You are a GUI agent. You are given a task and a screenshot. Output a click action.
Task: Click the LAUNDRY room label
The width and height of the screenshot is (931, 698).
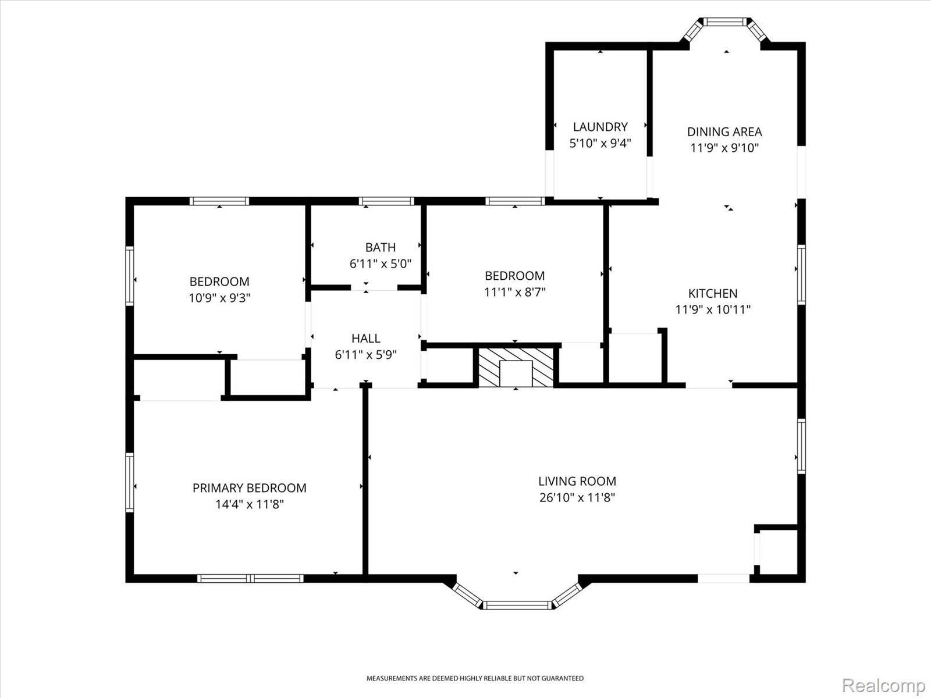(x=600, y=127)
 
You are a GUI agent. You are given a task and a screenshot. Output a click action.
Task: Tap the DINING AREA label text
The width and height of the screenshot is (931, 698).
(x=724, y=132)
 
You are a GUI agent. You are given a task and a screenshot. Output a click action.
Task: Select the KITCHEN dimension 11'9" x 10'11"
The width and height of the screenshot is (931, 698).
(x=713, y=309)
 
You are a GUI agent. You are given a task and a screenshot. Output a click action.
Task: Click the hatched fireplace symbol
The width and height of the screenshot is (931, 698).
(x=516, y=368)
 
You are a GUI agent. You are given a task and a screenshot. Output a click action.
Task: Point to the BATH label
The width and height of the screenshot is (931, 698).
(x=381, y=248)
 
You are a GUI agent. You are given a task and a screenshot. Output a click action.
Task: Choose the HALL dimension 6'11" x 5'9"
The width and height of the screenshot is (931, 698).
(x=365, y=355)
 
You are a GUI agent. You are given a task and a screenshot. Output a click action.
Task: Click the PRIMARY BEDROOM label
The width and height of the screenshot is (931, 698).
(x=249, y=488)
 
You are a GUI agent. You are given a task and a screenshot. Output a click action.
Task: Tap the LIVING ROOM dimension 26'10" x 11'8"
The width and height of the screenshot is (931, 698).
(x=577, y=497)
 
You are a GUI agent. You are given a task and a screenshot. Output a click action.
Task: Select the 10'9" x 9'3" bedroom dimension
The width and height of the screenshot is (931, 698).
(x=219, y=298)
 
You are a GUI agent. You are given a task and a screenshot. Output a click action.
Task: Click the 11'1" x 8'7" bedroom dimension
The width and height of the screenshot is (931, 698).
(x=515, y=292)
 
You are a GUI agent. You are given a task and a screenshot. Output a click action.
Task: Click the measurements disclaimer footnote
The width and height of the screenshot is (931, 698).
(x=475, y=678)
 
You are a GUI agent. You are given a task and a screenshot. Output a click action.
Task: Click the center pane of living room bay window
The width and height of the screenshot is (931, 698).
(x=517, y=606)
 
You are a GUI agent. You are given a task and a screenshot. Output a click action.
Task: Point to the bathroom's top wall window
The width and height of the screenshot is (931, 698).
(x=387, y=201)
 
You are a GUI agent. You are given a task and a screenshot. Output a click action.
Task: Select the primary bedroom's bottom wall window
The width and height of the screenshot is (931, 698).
(x=250, y=578)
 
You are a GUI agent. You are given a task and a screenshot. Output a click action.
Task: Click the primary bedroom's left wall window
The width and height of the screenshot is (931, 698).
(x=130, y=483)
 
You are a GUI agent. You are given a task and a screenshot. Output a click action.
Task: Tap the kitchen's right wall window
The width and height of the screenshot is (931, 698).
(x=801, y=274)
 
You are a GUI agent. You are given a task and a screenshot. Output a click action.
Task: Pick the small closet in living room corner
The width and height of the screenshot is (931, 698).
(x=778, y=553)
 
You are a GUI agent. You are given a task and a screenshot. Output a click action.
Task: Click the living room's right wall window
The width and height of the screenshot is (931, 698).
(x=801, y=446)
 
